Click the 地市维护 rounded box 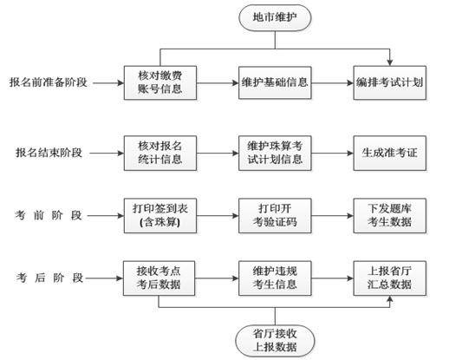(x=275, y=17)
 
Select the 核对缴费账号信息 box (x=160, y=82)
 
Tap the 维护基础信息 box (x=275, y=82)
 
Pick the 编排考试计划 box (x=389, y=82)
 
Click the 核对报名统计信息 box (x=160, y=153)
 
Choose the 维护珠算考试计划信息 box (x=275, y=153)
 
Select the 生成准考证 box (x=389, y=153)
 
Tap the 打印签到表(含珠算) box (x=160, y=216)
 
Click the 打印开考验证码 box (x=275, y=216)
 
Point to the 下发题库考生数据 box (x=389, y=216)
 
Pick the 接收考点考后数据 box (x=159, y=278)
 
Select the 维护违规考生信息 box (x=275, y=278)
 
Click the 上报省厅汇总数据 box (x=389, y=278)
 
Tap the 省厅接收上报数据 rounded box (x=275, y=341)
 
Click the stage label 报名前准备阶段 (x=49, y=82)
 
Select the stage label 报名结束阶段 (x=49, y=153)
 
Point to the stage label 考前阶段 (x=49, y=215)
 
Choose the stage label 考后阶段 (x=49, y=278)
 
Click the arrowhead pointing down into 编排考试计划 (x=390, y=62)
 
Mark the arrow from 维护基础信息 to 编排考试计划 (x=332, y=83)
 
